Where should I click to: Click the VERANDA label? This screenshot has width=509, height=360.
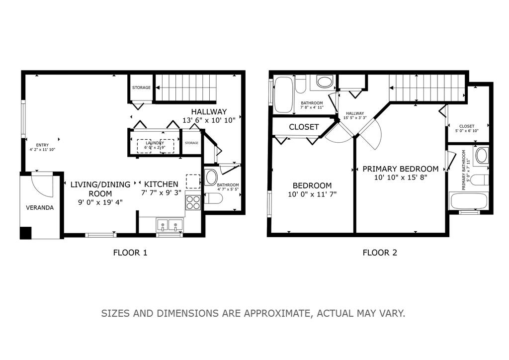(x=40, y=208)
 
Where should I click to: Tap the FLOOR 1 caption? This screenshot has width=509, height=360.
(x=130, y=253)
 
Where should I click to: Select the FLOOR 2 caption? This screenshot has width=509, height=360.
(x=380, y=253)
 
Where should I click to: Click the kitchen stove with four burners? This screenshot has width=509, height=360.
(x=193, y=202)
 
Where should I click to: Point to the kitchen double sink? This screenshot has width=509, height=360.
(x=170, y=225)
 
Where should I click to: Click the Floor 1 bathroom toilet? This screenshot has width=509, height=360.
(x=213, y=198)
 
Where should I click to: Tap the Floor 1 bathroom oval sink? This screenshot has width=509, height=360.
(x=211, y=177)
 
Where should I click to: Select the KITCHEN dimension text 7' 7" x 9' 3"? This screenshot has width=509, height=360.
(x=161, y=192)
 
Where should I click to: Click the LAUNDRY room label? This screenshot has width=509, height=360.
(x=155, y=143)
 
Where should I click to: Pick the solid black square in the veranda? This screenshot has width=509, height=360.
(x=26, y=233)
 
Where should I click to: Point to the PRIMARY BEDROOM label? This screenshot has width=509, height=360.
(x=400, y=169)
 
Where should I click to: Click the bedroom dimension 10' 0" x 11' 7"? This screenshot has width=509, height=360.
(x=312, y=194)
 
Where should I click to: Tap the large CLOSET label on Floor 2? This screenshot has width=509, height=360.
(x=304, y=127)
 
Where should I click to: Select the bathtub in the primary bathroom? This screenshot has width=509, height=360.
(x=469, y=201)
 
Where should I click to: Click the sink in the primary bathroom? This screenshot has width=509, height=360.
(x=482, y=156)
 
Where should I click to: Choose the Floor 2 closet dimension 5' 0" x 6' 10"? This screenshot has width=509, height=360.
(x=467, y=131)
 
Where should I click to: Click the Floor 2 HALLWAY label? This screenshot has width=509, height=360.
(x=355, y=113)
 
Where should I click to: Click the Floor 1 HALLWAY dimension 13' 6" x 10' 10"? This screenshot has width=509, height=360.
(x=209, y=120)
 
